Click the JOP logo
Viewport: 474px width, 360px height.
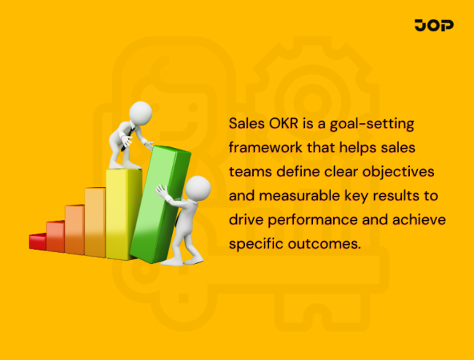(434, 26)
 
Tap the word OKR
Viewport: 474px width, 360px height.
(280, 123)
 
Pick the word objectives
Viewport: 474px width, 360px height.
(405, 172)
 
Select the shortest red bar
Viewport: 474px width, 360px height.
(37, 241)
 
